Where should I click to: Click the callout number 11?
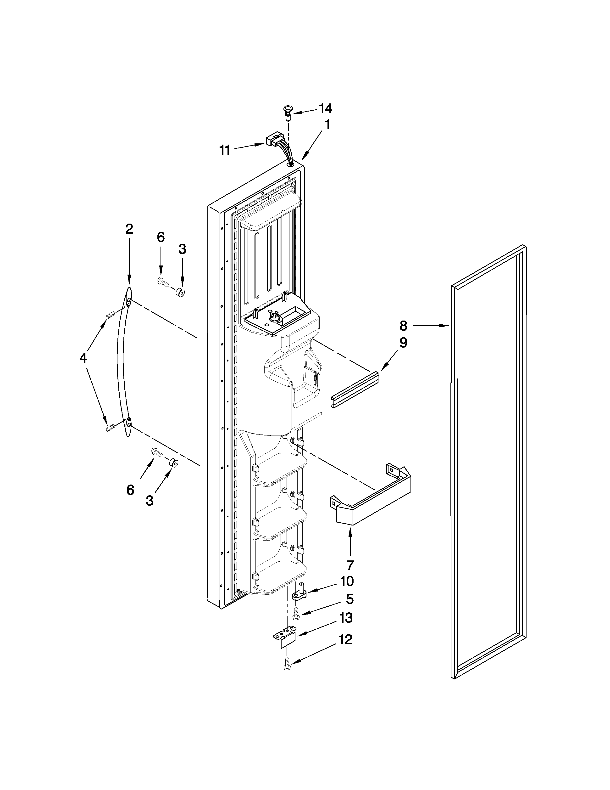[x=225, y=150]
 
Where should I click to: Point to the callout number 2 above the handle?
[x=129, y=229]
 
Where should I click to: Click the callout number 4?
[x=83, y=358]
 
